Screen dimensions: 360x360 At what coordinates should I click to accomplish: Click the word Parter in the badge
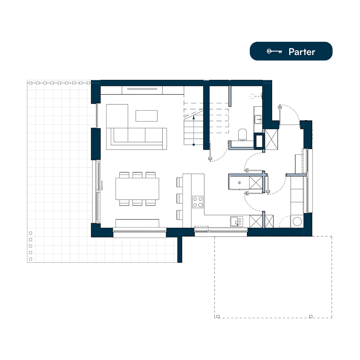tap(302, 52)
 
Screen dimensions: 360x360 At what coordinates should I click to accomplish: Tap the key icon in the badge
tap(274, 51)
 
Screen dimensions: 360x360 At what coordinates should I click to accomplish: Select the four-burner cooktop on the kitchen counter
tap(198, 202)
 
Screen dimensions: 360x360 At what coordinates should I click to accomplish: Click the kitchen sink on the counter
tap(237, 221)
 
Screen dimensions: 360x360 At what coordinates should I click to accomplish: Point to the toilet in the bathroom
tap(242, 135)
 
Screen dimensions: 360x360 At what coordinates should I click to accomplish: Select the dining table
tap(137, 189)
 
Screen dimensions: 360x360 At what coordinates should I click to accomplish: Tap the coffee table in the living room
tap(147, 116)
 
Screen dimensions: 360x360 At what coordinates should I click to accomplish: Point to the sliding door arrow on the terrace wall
tap(102, 185)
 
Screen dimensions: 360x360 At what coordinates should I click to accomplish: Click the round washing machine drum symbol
tap(297, 221)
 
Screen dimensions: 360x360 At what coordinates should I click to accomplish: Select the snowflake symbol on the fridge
tap(239, 183)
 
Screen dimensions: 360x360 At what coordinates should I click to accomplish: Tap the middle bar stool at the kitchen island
tap(180, 199)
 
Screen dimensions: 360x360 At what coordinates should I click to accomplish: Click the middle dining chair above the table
tap(137, 175)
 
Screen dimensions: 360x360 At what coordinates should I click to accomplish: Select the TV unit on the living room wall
tap(142, 90)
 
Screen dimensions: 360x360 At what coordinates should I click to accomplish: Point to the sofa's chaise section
tap(117, 123)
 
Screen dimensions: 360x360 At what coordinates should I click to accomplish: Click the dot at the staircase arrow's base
tap(194, 145)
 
